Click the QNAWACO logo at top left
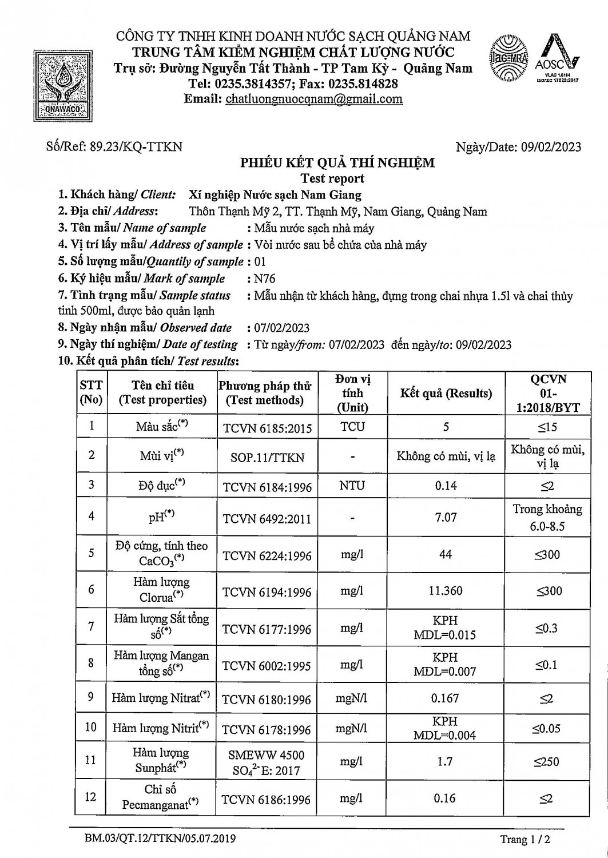[x=59, y=84]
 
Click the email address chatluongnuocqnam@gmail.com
[x=314, y=99]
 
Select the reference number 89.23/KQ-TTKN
[x=136, y=146]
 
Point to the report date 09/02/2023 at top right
[x=551, y=147]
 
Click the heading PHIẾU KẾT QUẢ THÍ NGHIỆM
[x=337, y=163]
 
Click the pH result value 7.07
[x=446, y=517]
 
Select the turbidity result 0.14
[x=446, y=486]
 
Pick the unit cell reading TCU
[x=352, y=427]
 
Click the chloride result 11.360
[x=446, y=590]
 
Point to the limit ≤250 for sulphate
[x=547, y=761]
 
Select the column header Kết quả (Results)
[x=446, y=394]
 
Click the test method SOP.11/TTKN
[x=267, y=458]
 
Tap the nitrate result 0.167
[x=446, y=698]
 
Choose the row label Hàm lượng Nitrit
[x=160, y=728]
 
